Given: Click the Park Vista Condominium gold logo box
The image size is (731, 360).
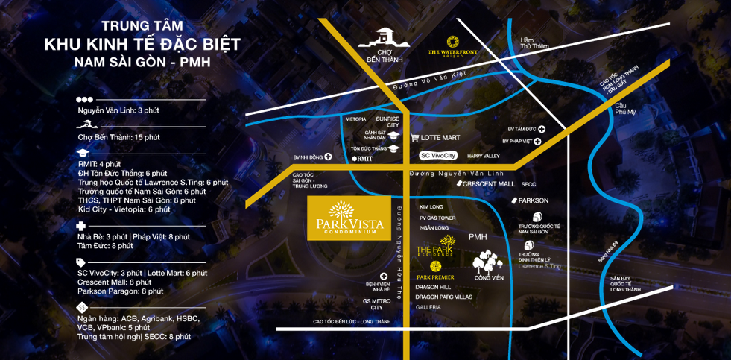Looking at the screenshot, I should [349, 218].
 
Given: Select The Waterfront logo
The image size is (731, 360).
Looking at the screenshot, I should [452, 45].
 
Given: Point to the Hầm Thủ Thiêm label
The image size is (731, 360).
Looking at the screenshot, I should [534, 42].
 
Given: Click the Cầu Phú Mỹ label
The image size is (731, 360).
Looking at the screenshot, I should [626, 108].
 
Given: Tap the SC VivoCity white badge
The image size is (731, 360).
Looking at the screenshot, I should [437, 156].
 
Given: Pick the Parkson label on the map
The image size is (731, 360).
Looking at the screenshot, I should [530, 200].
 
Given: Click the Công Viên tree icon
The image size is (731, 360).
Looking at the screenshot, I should [488, 263].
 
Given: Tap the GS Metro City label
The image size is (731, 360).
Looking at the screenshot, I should [376, 303].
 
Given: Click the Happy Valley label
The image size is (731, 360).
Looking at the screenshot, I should [483, 156].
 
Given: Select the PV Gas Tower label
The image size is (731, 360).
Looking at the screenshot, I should [437, 217].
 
